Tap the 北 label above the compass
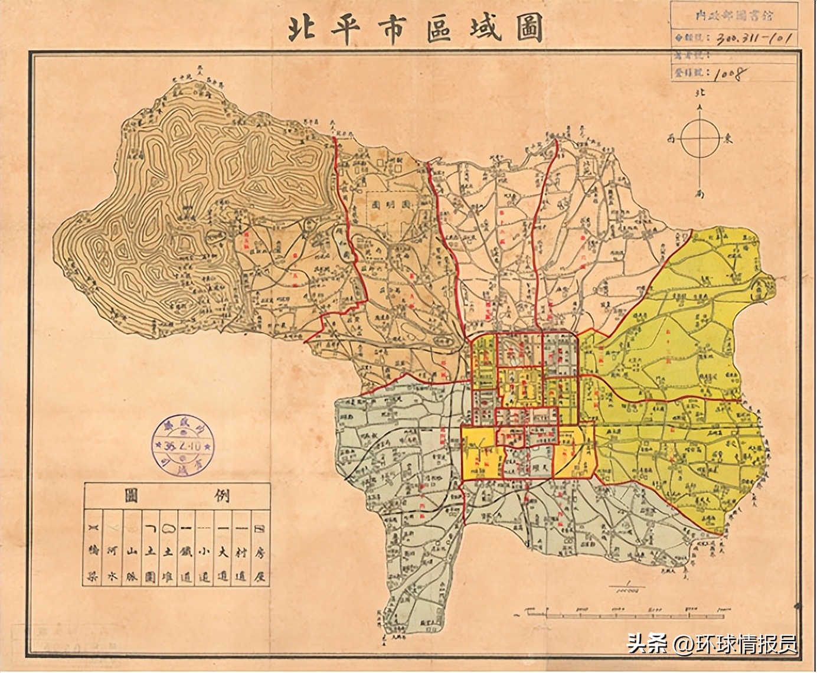point(701,94)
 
